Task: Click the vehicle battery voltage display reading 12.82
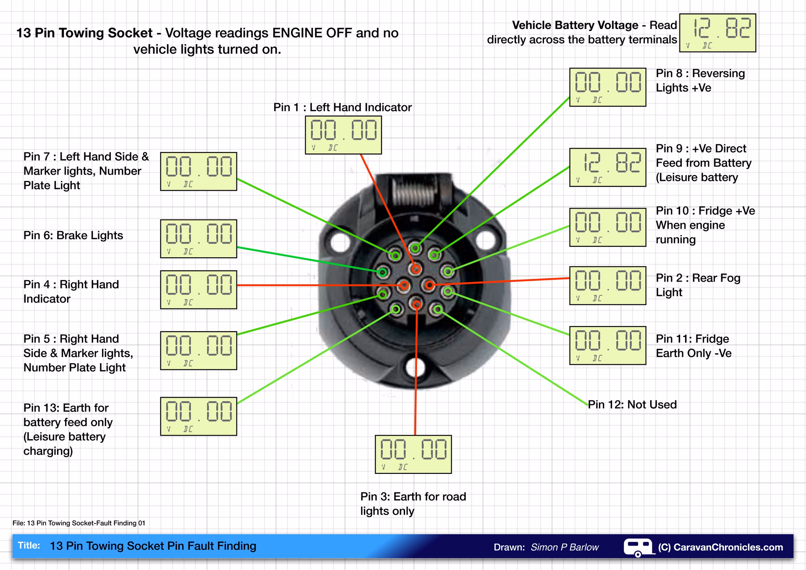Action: coord(717,33)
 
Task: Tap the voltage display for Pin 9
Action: coord(607,167)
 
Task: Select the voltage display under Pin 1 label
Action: coord(343,135)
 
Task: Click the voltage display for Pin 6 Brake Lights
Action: coord(199,238)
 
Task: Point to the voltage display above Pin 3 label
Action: coord(413,454)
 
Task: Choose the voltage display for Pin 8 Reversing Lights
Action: coord(607,87)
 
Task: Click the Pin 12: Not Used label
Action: coord(632,405)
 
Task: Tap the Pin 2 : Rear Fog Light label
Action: coord(698,285)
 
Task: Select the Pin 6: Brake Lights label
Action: coord(73,235)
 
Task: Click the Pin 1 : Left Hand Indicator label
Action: coord(343,107)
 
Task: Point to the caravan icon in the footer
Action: coord(639,547)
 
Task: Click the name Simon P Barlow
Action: coord(565,547)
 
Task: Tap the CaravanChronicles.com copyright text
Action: coord(720,547)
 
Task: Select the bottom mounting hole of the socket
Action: coord(416,366)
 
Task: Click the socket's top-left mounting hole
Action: coord(340,242)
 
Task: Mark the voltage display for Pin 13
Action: coord(199,416)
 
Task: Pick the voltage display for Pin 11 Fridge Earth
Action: coord(607,345)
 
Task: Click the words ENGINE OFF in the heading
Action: coord(312,33)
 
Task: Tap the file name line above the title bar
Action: coord(79,523)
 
